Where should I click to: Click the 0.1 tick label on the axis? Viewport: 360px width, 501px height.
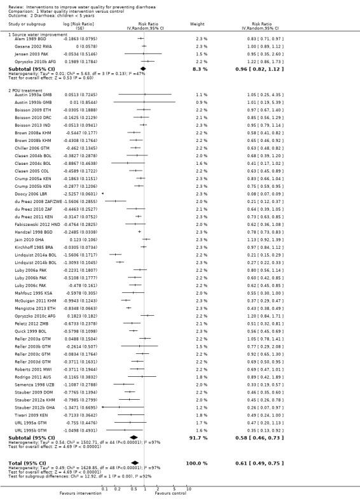click(104, 487)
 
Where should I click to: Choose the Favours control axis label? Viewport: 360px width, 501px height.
click(169, 493)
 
